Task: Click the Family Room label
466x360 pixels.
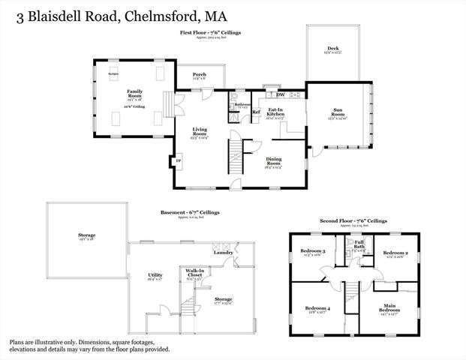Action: pyautogui.click(x=134, y=93)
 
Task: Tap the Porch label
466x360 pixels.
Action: pyautogui.click(x=199, y=74)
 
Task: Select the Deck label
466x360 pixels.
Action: pyautogui.click(x=332, y=49)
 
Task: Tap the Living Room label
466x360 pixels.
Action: pyautogui.click(x=199, y=131)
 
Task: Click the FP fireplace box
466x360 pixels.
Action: pyautogui.click(x=178, y=162)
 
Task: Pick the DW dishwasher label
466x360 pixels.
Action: pyautogui.click(x=280, y=94)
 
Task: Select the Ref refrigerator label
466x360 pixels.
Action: pyautogui.click(x=255, y=112)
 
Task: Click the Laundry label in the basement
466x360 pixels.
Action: pyautogui.click(x=223, y=252)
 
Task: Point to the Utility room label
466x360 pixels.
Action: pyautogui.click(x=155, y=275)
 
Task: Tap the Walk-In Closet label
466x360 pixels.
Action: pyautogui.click(x=195, y=274)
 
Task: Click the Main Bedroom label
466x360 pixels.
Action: pyautogui.click(x=389, y=307)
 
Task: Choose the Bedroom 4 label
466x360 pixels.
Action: pyautogui.click(x=317, y=308)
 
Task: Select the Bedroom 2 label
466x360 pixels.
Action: pyautogui.click(x=395, y=253)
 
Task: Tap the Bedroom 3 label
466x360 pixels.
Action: pyautogui.click(x=313, y=251)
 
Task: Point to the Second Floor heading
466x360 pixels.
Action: pyautogui.click(x=335, y=221)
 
